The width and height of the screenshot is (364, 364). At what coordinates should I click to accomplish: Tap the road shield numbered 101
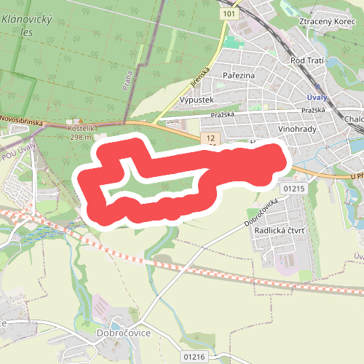(230, 14)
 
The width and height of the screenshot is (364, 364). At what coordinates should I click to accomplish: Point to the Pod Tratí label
(307, 60)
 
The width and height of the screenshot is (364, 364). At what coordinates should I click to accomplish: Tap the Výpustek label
(195, 100)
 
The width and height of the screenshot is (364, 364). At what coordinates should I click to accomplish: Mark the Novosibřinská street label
(22, 117)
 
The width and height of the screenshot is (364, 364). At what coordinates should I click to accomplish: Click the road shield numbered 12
(211, 137)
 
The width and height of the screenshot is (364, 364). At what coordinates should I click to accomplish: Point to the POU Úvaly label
(19, 154)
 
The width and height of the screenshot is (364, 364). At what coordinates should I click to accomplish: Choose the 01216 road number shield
(195, 356)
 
